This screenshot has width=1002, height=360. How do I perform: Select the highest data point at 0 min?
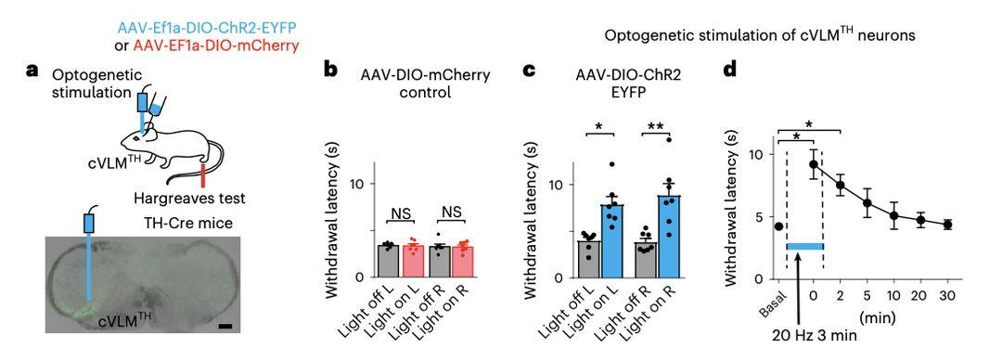814,164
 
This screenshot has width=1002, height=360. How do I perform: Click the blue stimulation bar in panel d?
805,246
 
